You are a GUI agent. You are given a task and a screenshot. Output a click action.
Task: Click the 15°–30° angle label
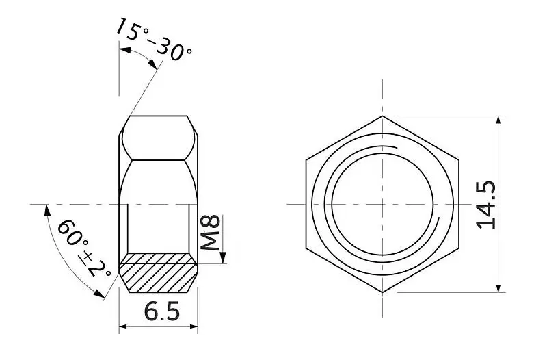click(x=153, y=39)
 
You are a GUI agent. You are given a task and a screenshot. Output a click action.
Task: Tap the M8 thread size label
click(x=211, y=233)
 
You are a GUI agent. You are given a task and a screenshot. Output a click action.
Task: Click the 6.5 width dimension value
click(x=162, y=311)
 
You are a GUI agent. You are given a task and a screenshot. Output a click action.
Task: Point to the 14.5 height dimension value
click(x=486, y=205)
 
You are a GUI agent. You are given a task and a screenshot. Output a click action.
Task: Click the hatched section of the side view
click(x=159, y=272)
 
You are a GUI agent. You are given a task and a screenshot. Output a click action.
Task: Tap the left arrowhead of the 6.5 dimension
click(x=123, y=327)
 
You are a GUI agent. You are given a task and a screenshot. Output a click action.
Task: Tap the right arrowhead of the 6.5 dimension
click(x=194, y=327)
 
